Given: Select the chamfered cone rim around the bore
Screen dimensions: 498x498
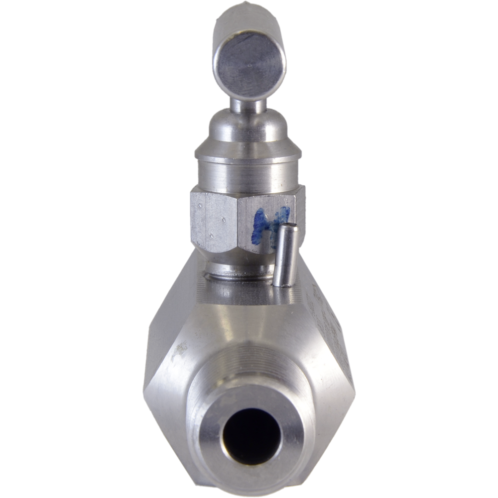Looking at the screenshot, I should point(209,423).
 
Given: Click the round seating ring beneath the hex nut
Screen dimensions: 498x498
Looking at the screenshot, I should point(239,269).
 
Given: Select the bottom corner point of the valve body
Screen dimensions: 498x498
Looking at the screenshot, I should point(249,491).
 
